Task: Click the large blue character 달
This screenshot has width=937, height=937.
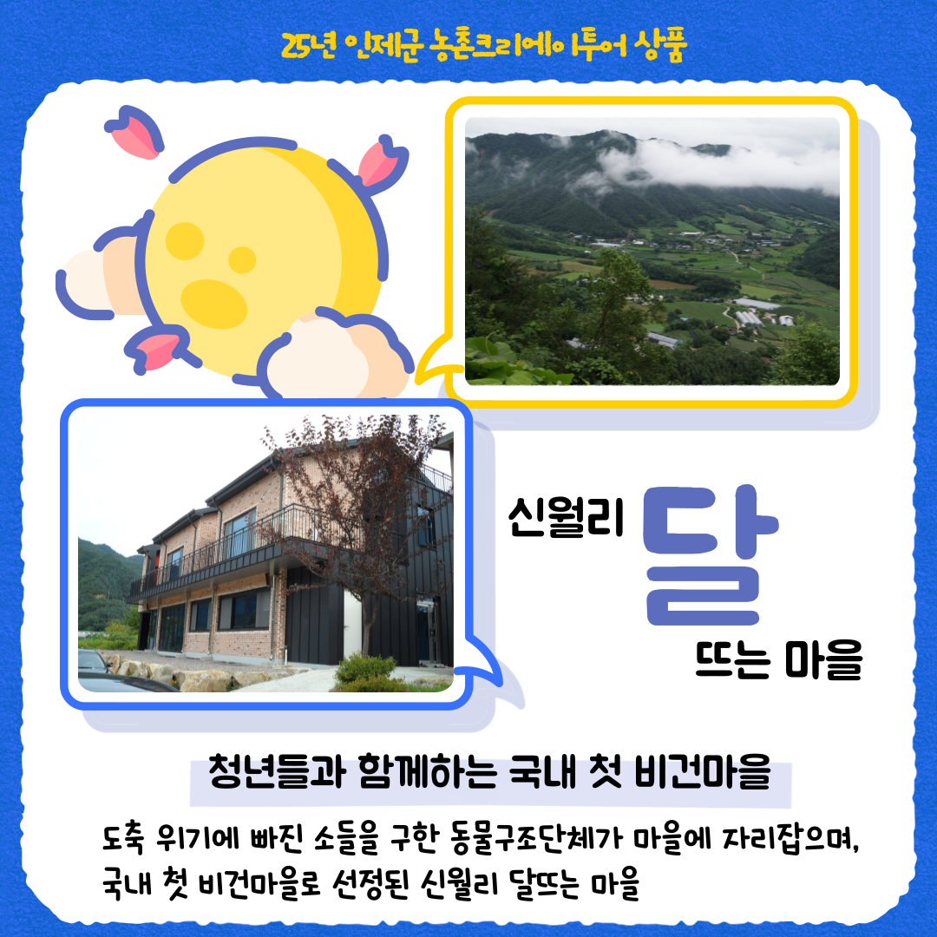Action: click(x=710, y=556)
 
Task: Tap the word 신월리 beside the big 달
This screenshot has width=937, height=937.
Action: click(x=566, y=517)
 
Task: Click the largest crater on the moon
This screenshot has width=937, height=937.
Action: click(x=214, y=303)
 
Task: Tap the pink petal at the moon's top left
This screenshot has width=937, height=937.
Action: click(x=134, y=133)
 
